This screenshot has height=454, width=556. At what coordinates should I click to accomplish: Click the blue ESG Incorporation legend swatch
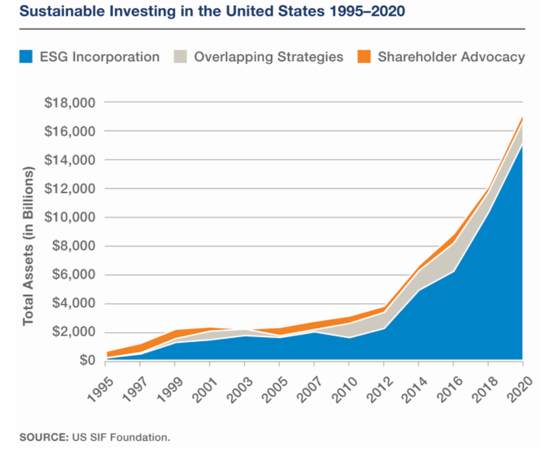click(x=25, y=57)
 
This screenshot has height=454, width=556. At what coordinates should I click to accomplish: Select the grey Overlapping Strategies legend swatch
click(x=180, y=57)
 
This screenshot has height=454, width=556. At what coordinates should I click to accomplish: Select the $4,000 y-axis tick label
click(x=72, y=303)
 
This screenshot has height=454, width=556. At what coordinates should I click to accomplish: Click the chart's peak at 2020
click(x=523, y=117)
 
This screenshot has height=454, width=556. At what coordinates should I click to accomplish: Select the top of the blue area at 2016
click(x=454, y=271)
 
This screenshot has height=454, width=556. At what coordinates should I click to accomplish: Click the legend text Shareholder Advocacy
click(x=451, y=57)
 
